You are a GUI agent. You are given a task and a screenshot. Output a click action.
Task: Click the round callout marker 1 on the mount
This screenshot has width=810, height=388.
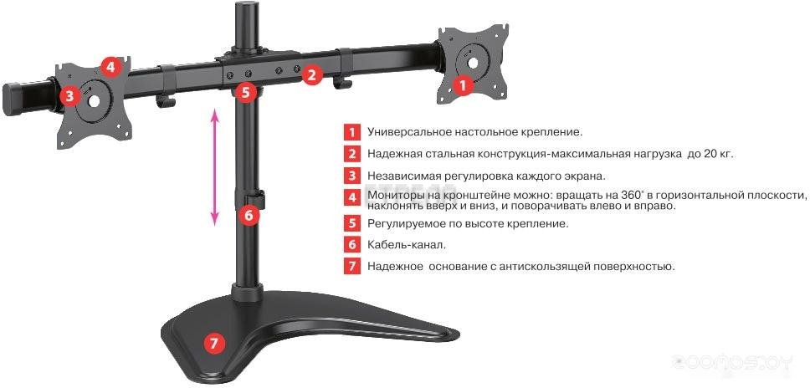463,84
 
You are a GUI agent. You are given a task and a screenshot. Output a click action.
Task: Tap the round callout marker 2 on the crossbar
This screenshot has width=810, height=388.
311,75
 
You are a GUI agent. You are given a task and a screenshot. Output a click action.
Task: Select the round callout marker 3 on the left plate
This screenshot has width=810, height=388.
70,95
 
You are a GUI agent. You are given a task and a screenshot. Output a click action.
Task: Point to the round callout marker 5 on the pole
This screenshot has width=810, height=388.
245,92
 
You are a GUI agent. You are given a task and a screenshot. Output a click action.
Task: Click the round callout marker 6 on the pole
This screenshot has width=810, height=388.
249,215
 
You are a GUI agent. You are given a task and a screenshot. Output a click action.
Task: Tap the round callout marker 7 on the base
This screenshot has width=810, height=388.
214,343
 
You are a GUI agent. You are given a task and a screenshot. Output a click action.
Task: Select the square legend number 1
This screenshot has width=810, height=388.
351,131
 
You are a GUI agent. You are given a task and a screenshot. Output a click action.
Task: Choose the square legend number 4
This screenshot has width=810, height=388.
351,197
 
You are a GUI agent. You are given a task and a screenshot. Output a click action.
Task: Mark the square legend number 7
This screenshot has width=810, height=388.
351,267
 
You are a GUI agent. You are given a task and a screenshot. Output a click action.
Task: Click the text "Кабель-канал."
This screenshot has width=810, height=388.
407,245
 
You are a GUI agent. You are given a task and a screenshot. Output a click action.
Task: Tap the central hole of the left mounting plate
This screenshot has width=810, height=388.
94,100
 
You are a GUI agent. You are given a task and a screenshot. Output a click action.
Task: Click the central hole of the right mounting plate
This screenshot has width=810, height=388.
473,63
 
